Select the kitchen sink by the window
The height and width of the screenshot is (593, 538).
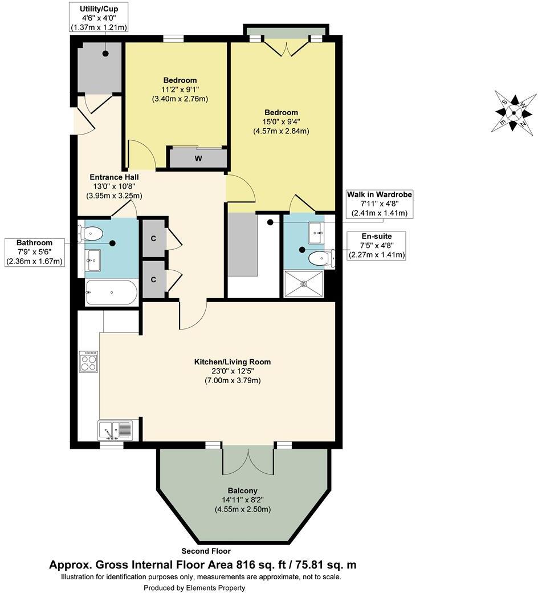[115, 429]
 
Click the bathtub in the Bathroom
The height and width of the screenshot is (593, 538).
[111, 292]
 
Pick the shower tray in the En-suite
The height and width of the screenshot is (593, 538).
[303, 283]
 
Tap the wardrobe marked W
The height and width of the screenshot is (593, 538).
[198, 158]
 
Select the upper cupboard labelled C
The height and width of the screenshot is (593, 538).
[153, 237]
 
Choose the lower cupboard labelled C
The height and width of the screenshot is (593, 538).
[153, 279]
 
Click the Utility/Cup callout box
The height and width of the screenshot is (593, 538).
[99, 18]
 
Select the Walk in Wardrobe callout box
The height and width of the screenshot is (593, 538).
[380, 204]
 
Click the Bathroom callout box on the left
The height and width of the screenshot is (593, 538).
[34, 252]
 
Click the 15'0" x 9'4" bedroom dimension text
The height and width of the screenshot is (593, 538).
[281, 121]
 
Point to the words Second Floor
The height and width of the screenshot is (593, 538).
[206, 551]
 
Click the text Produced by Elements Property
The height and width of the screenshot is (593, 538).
[194, 587]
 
